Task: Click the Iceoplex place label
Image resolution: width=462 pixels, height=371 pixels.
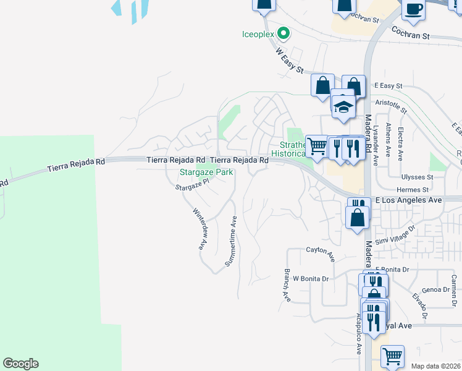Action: pos(257,34)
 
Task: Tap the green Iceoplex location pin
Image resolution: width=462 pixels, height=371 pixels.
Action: pos(283,33)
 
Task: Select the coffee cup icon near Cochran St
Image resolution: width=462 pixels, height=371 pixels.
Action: pos(413,10)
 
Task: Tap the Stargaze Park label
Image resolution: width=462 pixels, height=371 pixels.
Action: pos(206,173)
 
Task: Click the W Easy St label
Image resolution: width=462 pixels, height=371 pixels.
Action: pos(290,60)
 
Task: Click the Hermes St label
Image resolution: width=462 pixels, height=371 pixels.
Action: pos(413,190)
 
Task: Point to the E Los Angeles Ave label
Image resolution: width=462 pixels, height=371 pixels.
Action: pos(409,200)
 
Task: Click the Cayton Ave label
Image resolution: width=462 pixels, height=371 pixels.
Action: pos(320,251)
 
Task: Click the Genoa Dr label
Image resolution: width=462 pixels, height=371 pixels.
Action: pos(435,289)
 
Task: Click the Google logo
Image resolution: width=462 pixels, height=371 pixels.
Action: pos(20,364)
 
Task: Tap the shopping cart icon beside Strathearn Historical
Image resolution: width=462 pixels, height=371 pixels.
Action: pos(316,147)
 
